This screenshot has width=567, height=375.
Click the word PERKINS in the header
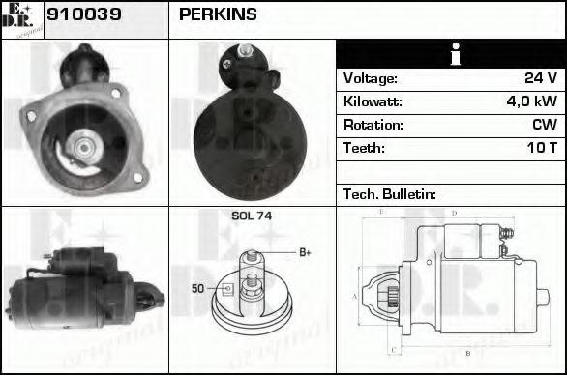(218, 14)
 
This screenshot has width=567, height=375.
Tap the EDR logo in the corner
(21, 18)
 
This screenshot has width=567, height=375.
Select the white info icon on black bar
(450, 54)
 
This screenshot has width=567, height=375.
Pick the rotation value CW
(544, 125)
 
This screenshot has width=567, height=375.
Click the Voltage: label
(371, 78)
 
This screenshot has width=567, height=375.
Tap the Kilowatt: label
(373, 101)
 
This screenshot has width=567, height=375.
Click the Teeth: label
(365, 148)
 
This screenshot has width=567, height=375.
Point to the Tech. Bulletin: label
(390, 194)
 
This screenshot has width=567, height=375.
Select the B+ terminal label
(304, 253)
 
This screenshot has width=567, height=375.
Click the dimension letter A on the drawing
(356, 295)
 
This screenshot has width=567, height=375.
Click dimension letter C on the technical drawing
(393, 350)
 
